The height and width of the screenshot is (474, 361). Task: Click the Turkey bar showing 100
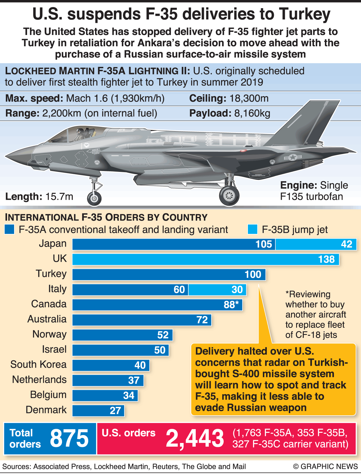click(x=169, y=275)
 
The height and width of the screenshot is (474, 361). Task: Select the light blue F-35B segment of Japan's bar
click(x=316, y=244)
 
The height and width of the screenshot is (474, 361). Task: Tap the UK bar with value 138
click(x=206, y=259)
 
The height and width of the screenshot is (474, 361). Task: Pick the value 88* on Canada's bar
click(x=231, y=305)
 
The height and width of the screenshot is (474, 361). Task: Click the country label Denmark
click(x=46, y=410)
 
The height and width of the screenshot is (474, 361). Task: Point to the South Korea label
click(x=38, y=364)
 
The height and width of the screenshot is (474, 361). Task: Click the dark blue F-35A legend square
click(x=9, y=229)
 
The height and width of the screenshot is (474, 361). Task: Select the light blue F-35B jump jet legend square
click(x=252, y=229)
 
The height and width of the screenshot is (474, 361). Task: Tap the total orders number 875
click(x=69, y=438)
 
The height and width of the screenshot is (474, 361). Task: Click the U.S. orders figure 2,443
click(x=195, y=438)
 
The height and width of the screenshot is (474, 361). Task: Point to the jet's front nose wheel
click(x=94, y=198)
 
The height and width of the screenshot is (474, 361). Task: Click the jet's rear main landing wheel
click(x=229, y=195)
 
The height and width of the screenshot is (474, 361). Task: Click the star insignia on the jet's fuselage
click(x=293, y=157)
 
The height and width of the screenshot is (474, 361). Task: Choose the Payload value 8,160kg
click(x=252, y=113)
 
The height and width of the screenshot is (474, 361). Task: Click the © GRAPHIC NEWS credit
click(x=325, y=466)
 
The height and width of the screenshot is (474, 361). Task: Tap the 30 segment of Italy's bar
click(x=217, y=290)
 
